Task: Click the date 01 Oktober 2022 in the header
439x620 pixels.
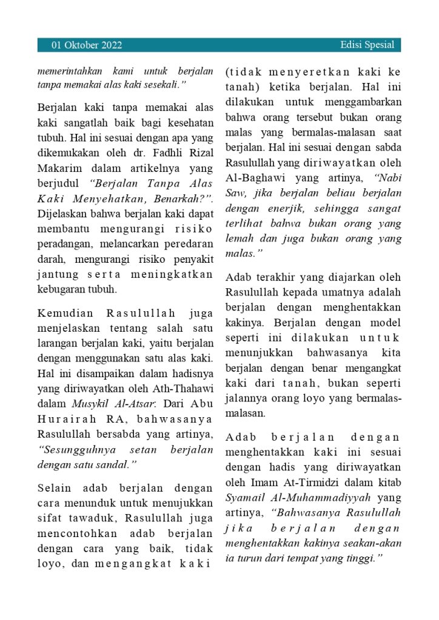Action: click(x=87, y=45)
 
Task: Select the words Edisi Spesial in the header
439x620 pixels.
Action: click(x=367, y=45)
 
